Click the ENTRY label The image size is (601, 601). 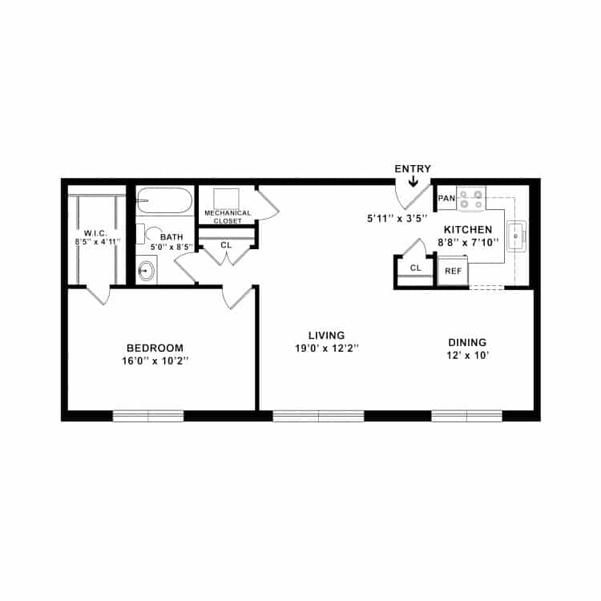coord(413,168)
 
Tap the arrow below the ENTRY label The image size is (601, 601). coord(413,182)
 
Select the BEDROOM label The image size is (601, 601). coord(155,348)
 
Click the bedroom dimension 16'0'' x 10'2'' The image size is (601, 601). coord(155,361)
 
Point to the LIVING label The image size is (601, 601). coord(327,335)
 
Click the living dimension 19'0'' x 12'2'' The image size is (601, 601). coord(327,349)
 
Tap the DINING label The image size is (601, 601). coord(467,342)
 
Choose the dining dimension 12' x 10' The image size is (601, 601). coord(467,356)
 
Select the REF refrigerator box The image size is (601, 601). coord(453,271)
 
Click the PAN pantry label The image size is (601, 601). coord(446,198)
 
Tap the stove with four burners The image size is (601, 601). coord(471,200)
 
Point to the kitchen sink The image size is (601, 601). coord(514,232)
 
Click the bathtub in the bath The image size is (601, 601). coord(164,200)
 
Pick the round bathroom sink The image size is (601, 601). coord(146,271)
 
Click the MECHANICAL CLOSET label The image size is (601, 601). coord(228,216)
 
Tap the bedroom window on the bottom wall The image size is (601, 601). coord(148,415)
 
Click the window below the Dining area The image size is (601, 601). coord(466,415)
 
